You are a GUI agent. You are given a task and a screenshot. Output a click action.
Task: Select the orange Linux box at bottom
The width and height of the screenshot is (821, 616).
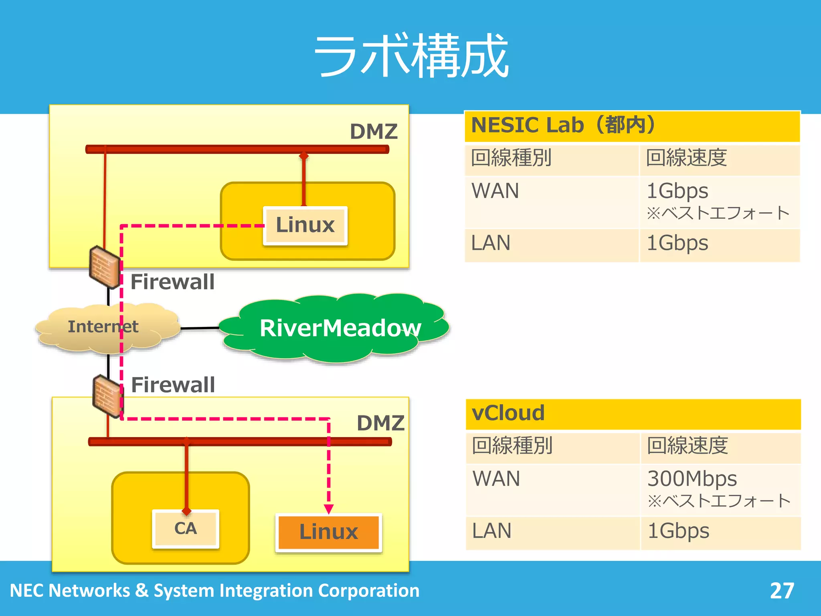[x=328, y=532]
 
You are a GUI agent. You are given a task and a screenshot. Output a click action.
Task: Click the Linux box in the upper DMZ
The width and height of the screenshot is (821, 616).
[x=305, y=225]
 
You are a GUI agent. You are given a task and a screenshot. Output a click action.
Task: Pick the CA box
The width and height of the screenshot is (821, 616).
[x=185, y=529]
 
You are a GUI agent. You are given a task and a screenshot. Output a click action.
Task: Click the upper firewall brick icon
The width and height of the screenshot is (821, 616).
[x=104, y=267]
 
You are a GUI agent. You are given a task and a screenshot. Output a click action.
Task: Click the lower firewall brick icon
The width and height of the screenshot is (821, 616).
[x=107, y=396]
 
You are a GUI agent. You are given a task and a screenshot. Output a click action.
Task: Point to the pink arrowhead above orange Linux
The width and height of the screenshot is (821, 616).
[x=329, y=509]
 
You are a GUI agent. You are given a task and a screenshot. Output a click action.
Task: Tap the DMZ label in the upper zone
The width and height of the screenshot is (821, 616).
[x=374, y=132]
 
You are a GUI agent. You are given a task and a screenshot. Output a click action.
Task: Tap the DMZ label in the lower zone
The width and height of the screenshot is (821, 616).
[x=380, y=423]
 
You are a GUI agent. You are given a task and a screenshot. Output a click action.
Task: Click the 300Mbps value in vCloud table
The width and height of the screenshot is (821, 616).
[x=692, y=478]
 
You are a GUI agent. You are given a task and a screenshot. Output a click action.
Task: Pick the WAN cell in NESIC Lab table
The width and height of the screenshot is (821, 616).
[x=495, y=191]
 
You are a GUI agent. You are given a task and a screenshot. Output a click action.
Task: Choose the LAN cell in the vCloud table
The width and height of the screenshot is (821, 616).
[x=492, y=531]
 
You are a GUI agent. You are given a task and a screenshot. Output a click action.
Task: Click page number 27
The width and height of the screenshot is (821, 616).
[x=782, y=591]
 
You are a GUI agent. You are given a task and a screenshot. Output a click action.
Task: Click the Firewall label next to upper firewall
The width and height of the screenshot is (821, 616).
[x=172, y=282]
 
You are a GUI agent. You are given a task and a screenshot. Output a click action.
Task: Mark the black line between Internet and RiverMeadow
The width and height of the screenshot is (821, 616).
[x=200, y=328]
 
